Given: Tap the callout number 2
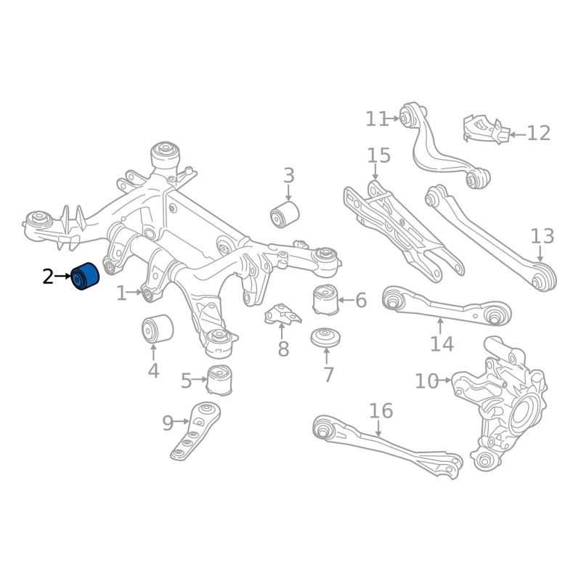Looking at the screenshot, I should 48,276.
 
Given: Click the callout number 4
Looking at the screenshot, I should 153,371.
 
